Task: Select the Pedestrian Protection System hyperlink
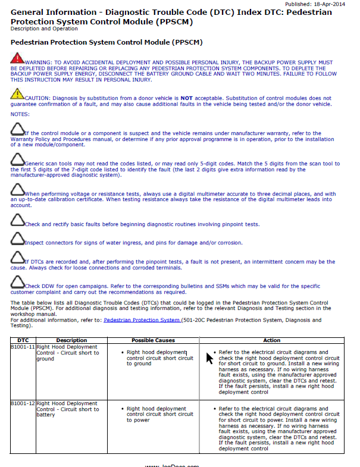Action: click(x=142, y=320)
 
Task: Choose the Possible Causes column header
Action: click(x=153, y=340)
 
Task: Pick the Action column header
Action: click(x=271, y=340)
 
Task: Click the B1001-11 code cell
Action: click(x=23, y=347)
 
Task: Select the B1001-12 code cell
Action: click(x=23, y=404)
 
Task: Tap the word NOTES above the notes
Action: click(x=20, y=114)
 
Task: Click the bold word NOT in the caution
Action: click(x=187, y=98)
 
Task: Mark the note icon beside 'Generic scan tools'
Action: click(x=18, y=160)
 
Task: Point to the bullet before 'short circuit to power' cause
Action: click(x=121, y=409)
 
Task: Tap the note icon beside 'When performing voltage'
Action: click(x=18, y=191)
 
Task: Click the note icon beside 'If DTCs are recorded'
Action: click(x=18, y=259)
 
